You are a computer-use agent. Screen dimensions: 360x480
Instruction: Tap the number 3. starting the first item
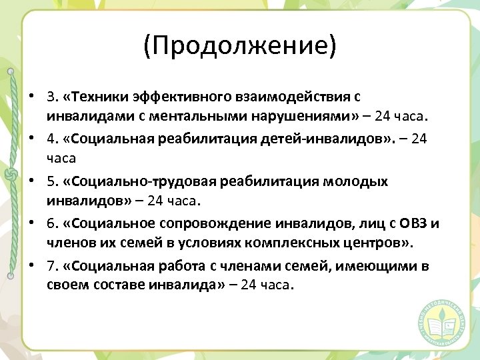pos(53,97)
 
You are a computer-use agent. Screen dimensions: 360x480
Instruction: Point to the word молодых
pos(359,181)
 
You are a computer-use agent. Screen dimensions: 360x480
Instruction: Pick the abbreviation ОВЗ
pos(414,223)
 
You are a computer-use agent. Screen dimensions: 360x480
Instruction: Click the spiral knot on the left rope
pos(10,175)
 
